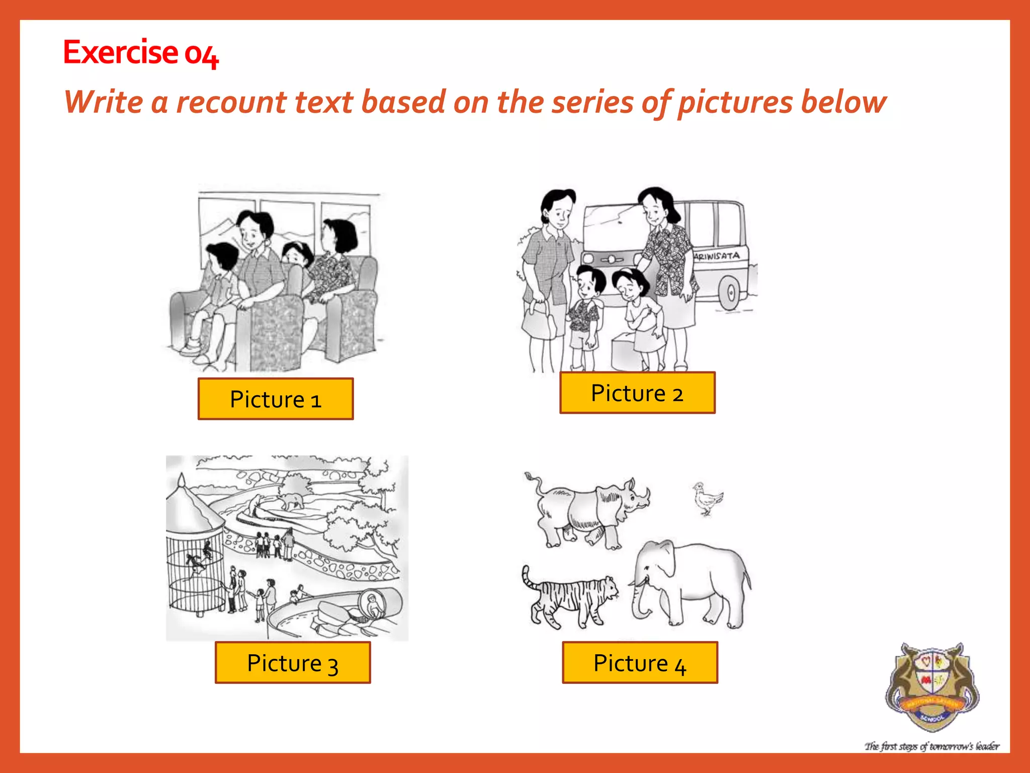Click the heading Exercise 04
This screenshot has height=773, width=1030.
pyautogui.click(x=141, y=52)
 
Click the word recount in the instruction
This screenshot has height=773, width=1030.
pyautogui.click(x=231, y=102)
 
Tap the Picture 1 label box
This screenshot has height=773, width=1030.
pyautogui.click(x=276, y=399)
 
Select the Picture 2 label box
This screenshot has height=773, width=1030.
pyautogui.click(x=637, y=393)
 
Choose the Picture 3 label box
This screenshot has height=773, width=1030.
pyautogui.click(x=293, y=663)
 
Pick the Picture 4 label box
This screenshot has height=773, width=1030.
pyautogui.click(x=640, y=663)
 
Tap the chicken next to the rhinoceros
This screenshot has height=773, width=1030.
pyautogui.click(x=707, y=498)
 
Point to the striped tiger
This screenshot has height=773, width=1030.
pyautogui.click(x=571, y=599)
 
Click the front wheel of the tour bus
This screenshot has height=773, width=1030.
pyautogui.click(x=730, y=292)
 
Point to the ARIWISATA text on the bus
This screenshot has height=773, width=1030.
pyautogui.click(x=717, y=256)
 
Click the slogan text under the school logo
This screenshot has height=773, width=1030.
pyautogui.click(x=932, y=746)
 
